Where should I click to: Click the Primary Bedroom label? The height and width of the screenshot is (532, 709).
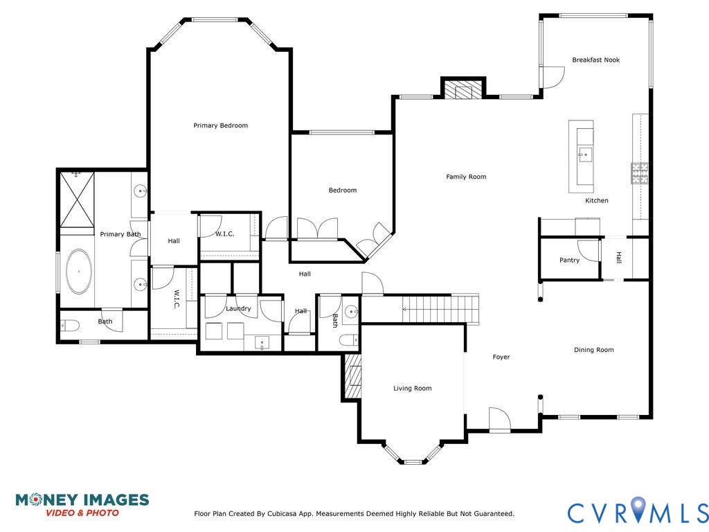[220, 125]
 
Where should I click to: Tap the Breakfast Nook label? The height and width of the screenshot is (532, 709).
[595, 60]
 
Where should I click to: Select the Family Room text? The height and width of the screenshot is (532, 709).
[465, 177]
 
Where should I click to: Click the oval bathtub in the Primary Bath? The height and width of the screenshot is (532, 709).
[79, 272]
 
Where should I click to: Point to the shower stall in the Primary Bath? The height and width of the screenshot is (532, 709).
[76, 199]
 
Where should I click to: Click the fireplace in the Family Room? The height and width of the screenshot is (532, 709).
[463, 89]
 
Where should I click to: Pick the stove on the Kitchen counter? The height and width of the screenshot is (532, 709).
[639, 172]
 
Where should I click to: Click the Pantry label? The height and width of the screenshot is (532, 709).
[569, 260]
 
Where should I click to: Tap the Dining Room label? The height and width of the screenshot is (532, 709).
[593, 350]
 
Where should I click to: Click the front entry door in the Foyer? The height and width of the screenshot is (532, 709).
[499, 420]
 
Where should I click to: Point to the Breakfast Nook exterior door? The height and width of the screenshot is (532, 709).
[552, 77]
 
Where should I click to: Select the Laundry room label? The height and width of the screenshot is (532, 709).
[238, 308]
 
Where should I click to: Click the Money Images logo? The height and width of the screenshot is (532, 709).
[82, 504]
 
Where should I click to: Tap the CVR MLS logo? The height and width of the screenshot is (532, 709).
[638, 512]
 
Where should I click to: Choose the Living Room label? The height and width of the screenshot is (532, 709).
[412, 389]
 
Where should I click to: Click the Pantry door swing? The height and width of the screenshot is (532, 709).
[589, 251]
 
